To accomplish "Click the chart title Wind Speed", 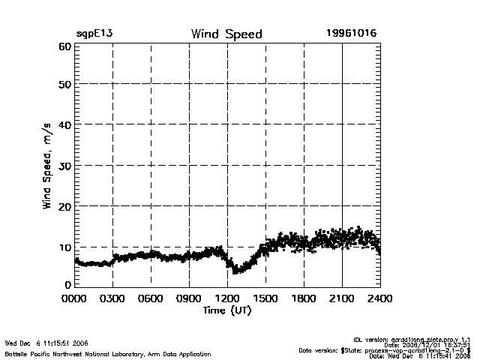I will (226, 34).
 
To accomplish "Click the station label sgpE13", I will (94, 34).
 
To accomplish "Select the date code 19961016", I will (351, 34).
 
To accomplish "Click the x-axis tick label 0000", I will (73, 298).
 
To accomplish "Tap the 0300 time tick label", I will (112, 298).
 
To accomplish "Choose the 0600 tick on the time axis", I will (151, 298).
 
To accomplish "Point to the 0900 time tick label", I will (189, 298).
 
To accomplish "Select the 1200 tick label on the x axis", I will (227, 298).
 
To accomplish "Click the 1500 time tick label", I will (265, 298).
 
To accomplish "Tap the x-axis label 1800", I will (304, 298).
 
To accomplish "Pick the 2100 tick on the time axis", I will (342, 298).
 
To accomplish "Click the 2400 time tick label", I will (380, 298).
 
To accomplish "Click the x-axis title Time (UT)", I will (226, 310).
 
